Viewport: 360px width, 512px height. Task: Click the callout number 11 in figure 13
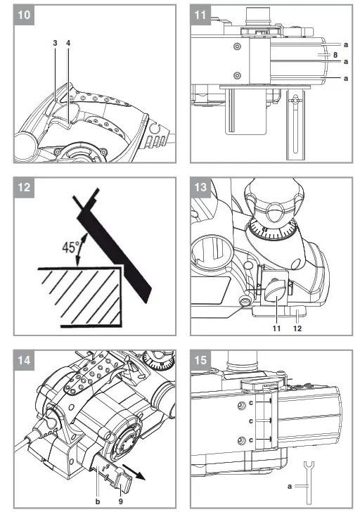(x=278, y=328)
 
